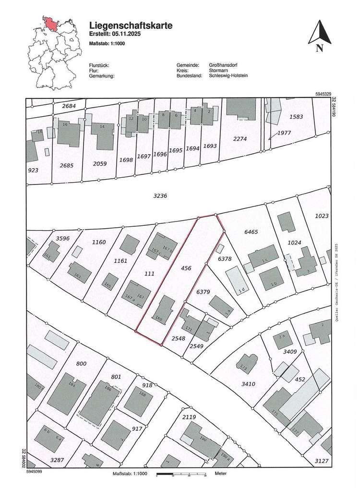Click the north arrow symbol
click(317, 34)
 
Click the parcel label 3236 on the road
click(160, 196)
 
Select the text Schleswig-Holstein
click(228, 76)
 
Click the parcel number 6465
click(251, 232)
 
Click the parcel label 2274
click(240, 139)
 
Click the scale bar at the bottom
click(181, 475)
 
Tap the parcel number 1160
click(98, 242)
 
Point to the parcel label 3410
click(248, 384)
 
